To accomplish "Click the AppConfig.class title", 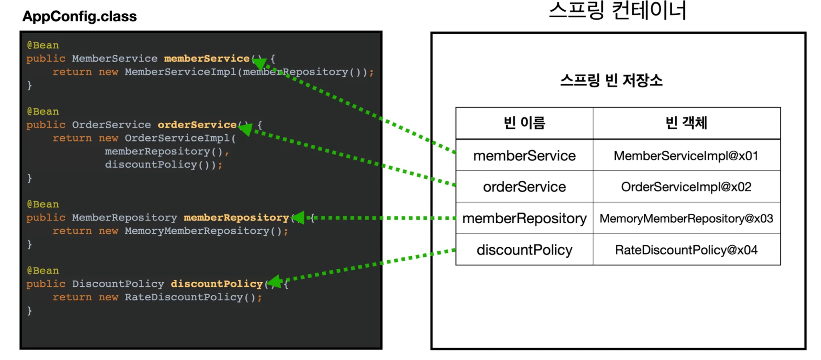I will tap(79, 16).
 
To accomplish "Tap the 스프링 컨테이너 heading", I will tap(617, 10).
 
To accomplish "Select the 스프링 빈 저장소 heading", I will tap(611, 81).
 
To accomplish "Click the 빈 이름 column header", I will tap(524, 123).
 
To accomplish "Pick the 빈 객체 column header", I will tap(686, 123).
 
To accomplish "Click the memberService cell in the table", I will tap(524, 156).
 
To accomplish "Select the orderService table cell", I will tap(524, 187).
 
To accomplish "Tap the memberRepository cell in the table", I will tap(524, 218).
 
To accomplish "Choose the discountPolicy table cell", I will tap(524, 250).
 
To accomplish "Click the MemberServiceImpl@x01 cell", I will tap(686, 156).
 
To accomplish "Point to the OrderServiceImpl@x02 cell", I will tap(686, 187).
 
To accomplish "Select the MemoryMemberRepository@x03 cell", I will tap(686, 218).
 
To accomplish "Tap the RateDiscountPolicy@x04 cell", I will tap(686, 250).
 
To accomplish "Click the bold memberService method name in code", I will tap(207, 59).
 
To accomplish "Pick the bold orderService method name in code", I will tap(197, 125).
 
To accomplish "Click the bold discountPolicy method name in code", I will tap(217, 284).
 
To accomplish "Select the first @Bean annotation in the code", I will tap(43, 45).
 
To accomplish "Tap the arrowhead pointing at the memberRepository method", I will tap(299, 218).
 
